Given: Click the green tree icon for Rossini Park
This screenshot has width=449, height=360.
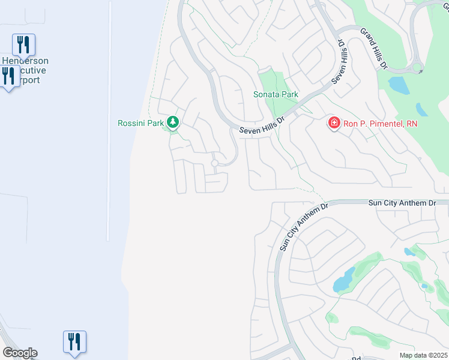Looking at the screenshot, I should [173, 123].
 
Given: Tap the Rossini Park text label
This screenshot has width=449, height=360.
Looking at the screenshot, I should [141, 124].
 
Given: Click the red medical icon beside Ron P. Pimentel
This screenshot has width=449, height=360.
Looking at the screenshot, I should [333, 123].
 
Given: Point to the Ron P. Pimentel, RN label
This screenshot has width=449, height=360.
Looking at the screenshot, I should [379, 124].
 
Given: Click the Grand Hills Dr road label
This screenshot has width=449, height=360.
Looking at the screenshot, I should [372, 49].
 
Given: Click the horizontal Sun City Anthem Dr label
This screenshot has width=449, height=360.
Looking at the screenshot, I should [401, 204].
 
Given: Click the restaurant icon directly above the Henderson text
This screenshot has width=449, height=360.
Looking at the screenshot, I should [23, 44].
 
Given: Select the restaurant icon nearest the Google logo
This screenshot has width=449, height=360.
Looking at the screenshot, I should [74, 341].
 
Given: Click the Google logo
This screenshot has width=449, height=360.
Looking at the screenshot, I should [20, 352].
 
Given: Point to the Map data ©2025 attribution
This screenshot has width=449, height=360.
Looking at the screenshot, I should [423, 355].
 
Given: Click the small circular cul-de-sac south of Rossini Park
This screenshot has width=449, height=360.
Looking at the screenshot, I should [214, 163].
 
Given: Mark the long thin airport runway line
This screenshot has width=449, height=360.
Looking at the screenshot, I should [109, 120].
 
